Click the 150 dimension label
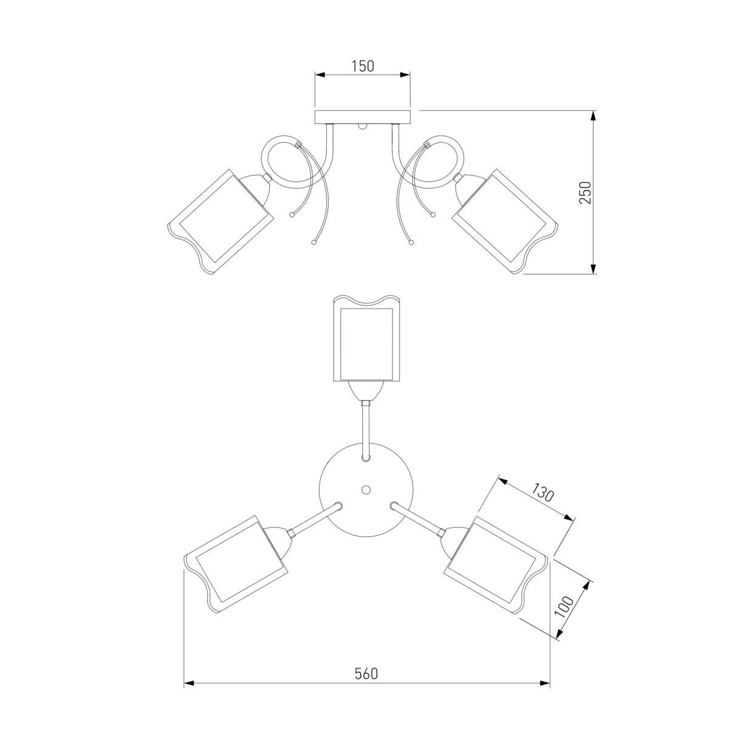[363, 66]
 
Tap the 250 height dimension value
[585, 193]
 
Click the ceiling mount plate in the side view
[363, 117]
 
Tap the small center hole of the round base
[366, 490]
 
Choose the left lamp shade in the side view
[220, 222]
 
